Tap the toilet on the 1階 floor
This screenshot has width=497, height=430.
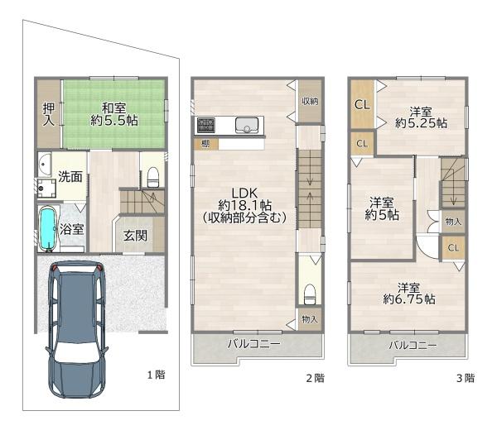click(x=152, y=177)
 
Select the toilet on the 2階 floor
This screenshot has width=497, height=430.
click(x=310, y=294)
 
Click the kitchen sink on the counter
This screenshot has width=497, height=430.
click(x=247, y=125)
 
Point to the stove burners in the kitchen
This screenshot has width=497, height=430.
click(x=206, y=125)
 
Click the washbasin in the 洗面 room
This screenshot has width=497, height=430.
click(x=45, y=165)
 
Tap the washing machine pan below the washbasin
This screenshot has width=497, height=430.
click(x=46, y=189)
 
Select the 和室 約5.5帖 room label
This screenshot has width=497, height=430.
click(x=114, y=114)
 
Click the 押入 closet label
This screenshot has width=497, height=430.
click(x=49, y=114)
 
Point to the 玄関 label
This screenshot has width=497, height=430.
click(x=135, y=236)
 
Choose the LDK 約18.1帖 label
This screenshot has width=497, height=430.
click(x=244, y=205)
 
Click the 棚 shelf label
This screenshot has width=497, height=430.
click(x=205, y=144)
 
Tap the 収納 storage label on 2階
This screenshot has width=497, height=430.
click(x=310, y=101)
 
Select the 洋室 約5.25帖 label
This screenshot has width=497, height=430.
click(x=421, y=117)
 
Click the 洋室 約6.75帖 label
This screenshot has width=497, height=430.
click(x=409, y=294)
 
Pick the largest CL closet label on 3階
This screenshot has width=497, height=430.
click(x=362, y=104)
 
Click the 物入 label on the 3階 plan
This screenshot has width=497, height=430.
click(x=453, y=221)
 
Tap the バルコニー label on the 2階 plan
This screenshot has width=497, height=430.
click(x=254, y=344)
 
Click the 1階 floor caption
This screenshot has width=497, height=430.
click(x=157, y=375)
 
